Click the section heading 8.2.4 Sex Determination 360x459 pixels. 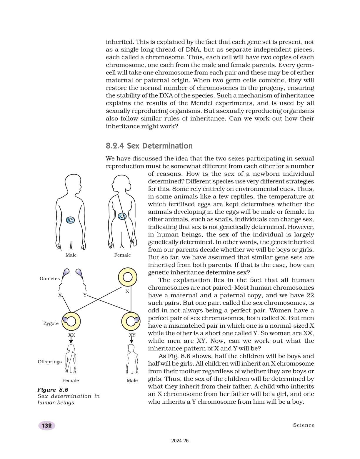(x=149, y=146)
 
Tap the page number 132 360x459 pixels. (x=47, y=425)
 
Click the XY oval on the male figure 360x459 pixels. (x=70, y=220)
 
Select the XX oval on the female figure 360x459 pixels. (x=122, y=216)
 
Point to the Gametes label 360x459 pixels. (x=49, y=279)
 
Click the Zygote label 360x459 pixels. (x=51, y=323)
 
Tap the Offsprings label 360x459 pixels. (x=49, y=362)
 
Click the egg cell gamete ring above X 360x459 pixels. (x=128, y=277)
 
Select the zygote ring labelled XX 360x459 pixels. (x=71, y=321)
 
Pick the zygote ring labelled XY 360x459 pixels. (x=130, y=321)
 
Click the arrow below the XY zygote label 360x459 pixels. (x=131, y=340)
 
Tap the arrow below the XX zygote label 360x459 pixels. (x=71, y=340)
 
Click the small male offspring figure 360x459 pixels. (x=132, y=359)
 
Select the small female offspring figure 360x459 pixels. (x=71, y=359)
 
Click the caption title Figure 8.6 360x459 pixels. (x=53, y=390)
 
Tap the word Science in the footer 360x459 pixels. (x=304, y=425)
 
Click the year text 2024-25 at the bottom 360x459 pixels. (x=180, y=441)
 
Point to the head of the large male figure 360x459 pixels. (x=73, y=184)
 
